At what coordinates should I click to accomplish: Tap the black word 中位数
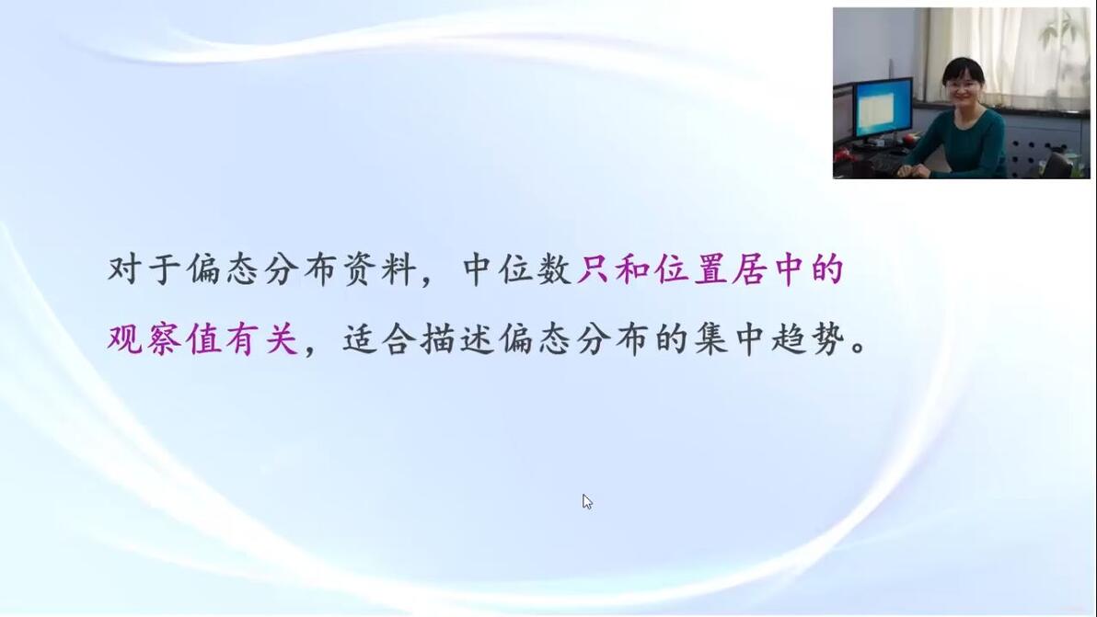pos(518,269)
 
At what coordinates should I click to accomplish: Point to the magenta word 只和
pos(614,269)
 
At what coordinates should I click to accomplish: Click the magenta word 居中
pos(768,269)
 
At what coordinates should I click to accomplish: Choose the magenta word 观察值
pos(165,339)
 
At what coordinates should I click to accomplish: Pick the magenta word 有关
pos(262,339)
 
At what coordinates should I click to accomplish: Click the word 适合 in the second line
pos(379,339)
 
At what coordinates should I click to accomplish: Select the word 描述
pos(457,339)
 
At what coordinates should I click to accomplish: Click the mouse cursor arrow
pos(587,502)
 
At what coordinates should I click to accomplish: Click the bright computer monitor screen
pos(883,109)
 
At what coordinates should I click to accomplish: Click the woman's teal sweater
pos(969,143)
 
